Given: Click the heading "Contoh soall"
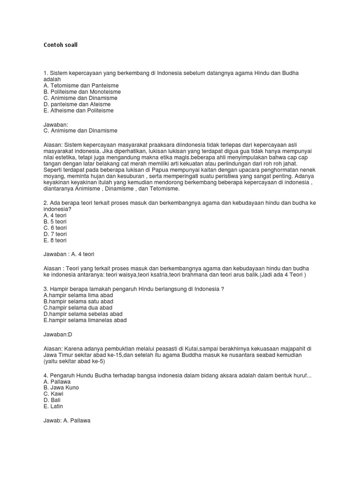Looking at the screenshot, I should click(60, 45).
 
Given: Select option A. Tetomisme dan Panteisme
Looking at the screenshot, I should click(81, 86).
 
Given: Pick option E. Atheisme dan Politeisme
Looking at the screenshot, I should click(78, 111).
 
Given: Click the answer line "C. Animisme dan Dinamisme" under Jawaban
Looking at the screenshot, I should click(80, 131).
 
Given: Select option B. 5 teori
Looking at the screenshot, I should click(55, 221).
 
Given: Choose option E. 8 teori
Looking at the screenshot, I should click(55, 240).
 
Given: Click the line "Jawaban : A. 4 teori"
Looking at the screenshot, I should click(69, 254).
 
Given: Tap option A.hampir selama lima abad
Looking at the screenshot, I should click(78, 295).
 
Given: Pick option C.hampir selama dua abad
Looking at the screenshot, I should click(78, 307).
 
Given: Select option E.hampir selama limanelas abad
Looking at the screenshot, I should click(85, 320).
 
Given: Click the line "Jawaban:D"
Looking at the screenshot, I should click(58, 335).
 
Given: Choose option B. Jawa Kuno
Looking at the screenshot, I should click(61, 388).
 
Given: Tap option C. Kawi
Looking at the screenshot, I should click(53, 394).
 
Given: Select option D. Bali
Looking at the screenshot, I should click(52, 400).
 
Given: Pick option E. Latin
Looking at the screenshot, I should click(53, 406).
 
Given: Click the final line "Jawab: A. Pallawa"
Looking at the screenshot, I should click(67, 420).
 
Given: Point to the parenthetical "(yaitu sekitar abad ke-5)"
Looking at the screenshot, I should click(74, 361).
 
